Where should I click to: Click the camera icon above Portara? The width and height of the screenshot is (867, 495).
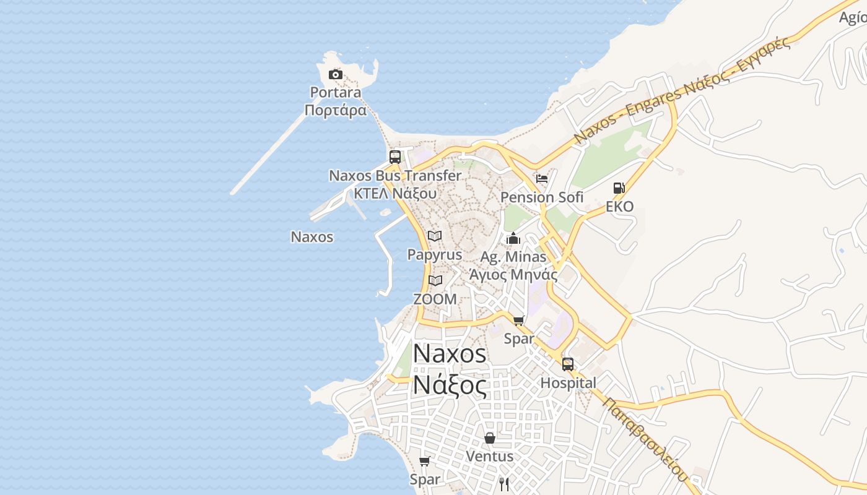pos(335,75)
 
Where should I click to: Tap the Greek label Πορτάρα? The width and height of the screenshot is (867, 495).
pos(335,111)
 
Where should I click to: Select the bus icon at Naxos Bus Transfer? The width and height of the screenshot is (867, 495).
pos(395,157)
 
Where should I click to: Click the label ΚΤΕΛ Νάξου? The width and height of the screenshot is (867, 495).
pos(394,193)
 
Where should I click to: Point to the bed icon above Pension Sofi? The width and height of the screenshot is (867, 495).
pos(542,179)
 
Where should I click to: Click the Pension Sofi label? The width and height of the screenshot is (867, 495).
pos(542,197)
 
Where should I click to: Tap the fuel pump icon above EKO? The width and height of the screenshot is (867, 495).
pos(619,188)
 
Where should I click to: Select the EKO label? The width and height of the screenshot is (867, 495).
pos(619,207)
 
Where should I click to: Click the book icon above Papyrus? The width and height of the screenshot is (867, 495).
pos(435,236)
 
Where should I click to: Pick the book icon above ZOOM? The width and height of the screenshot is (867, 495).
pos(435,280)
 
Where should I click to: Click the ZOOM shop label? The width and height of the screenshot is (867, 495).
pos(435,299)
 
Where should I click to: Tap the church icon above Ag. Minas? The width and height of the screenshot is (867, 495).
pos(513,238)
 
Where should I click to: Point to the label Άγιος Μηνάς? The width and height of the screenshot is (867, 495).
pos(513,275)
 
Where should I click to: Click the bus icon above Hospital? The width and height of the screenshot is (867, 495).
pos(568,364)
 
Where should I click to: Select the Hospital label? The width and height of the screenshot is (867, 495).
pos(568,383)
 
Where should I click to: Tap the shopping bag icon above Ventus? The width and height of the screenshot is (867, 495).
pos(490,438)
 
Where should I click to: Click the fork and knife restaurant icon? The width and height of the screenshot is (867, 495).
pos(504,483)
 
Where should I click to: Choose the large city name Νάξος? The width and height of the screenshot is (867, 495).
pos(450,385)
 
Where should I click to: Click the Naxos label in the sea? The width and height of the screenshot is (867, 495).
pos(312,237)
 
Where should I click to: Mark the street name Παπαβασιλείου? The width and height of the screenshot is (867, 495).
pos(645,439)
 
